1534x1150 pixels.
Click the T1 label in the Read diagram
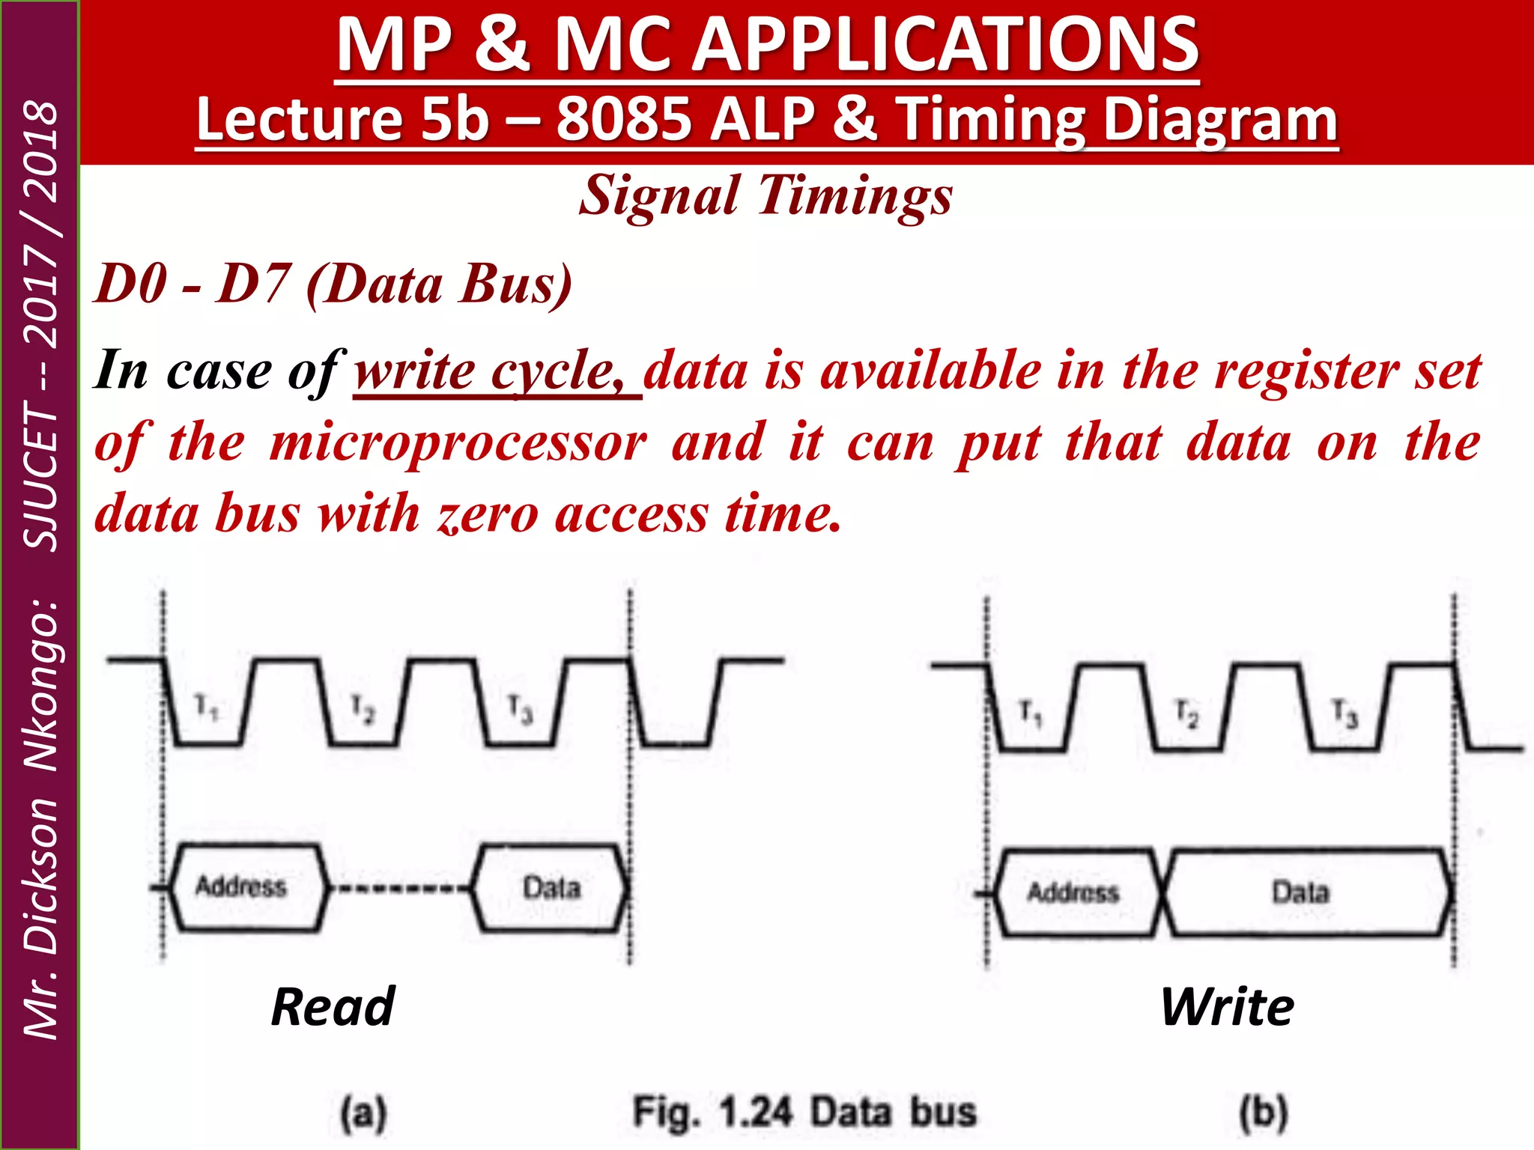(206, 708)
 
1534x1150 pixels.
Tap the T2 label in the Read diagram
(363, 709)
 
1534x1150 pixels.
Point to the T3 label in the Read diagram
(520, 709)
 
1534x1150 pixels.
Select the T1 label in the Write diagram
(1031, 713)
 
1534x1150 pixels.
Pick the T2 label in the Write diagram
(1186, 714)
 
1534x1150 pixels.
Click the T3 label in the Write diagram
(1344, 714)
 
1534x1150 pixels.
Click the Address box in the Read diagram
(241, 887)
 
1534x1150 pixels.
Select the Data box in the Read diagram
(551, 888)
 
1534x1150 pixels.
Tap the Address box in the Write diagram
(1074, 892)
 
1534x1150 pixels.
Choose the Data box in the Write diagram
(1301, 892)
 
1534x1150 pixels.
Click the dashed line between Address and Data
(401, 889)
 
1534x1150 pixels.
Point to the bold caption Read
(333, 1007)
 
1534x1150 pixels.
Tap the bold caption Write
(1227, 1007)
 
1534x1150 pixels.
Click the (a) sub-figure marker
(363, 1113)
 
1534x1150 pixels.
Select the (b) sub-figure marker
(1264, 1113)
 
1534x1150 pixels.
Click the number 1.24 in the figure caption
(755, 1112)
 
